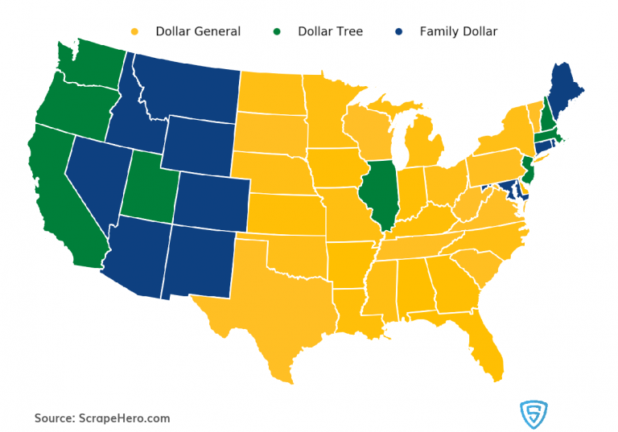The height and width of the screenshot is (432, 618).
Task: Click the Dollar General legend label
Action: tap(198, 31)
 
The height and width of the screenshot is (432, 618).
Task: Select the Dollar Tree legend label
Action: tap(330, 31)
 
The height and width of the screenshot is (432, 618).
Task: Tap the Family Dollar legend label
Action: tap(458, 31)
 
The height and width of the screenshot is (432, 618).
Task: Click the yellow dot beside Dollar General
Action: tap(134, 32)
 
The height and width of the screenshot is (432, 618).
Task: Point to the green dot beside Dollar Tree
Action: tap(277, 32)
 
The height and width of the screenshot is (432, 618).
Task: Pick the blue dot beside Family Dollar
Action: tap(398, 32)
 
